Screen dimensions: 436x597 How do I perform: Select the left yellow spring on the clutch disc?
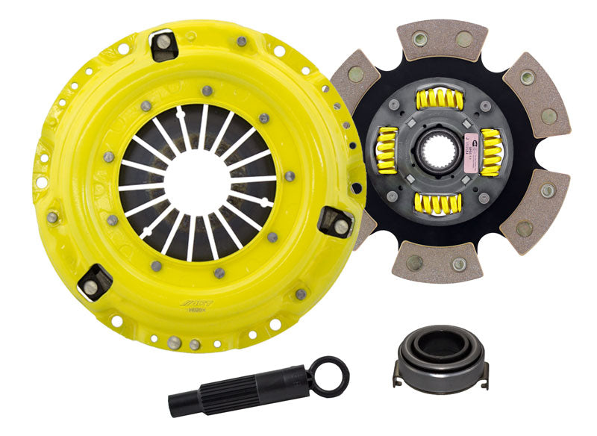[x=385, y=150]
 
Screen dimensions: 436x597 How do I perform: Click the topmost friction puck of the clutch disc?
[x=443, y=40]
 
